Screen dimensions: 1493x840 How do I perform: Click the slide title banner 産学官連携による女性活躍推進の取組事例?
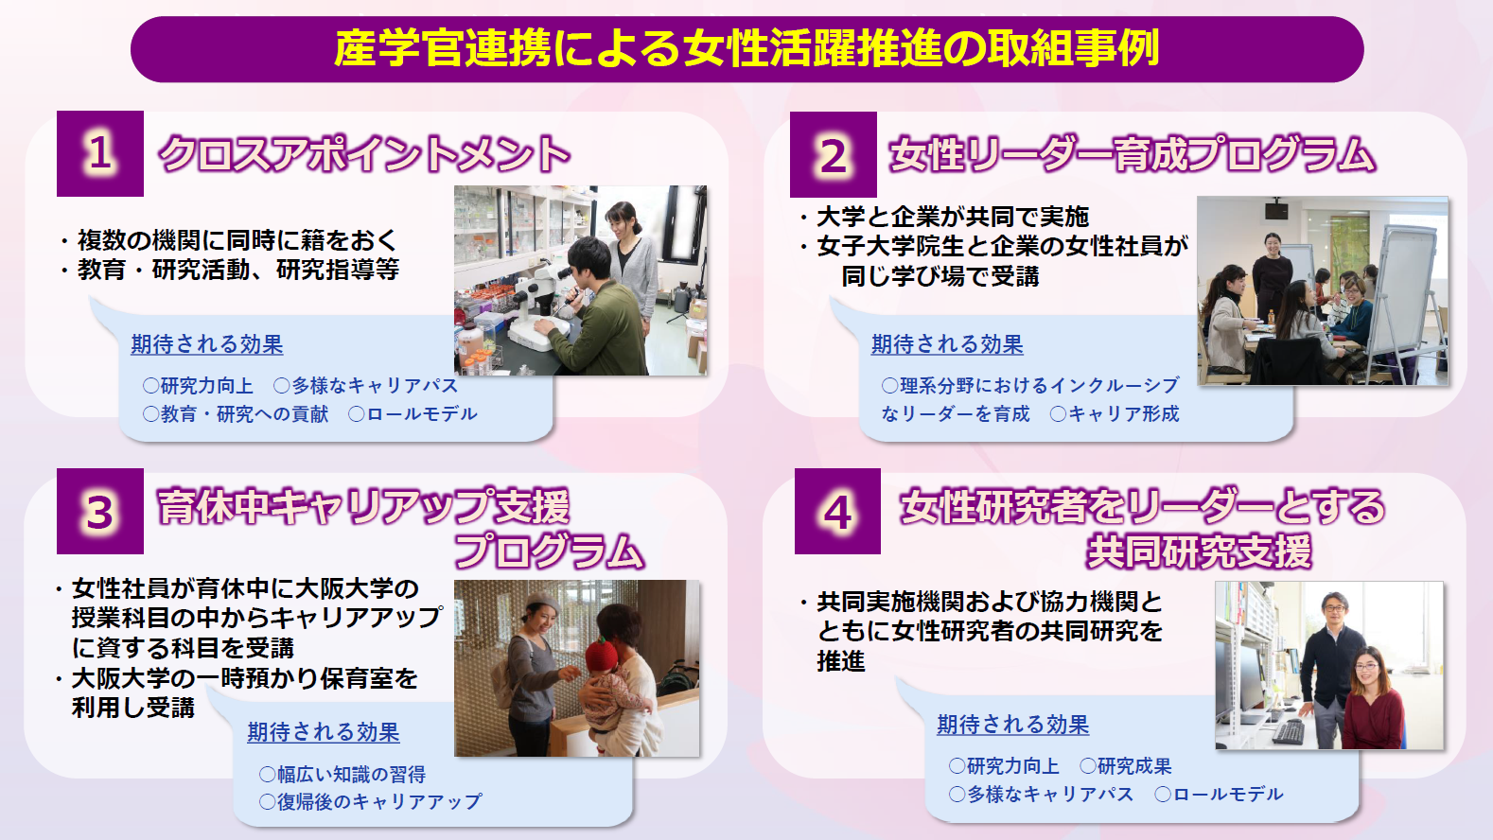coord(746,49)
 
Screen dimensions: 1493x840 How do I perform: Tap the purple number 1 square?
coord(100,154)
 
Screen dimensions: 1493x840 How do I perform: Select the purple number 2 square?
coord(834,154)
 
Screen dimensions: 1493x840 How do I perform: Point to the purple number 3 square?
coord(100,512)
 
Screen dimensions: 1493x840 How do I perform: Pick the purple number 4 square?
coord(837,512)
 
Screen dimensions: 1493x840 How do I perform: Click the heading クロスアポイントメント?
coord(364,154)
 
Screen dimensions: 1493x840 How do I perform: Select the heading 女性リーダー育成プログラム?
coord(1132,154)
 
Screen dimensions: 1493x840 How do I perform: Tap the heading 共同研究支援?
coord(1199,551)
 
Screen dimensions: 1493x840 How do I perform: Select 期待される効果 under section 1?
coord(206,344)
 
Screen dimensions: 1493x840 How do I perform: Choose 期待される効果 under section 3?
coord(324,732)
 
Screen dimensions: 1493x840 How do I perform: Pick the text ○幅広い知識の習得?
coord(342,774)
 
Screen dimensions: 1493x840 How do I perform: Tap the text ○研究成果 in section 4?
coord(1125,766)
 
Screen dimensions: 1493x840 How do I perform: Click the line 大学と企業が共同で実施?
coord(953,217)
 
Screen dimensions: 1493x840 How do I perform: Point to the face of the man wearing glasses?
coord(1335,611)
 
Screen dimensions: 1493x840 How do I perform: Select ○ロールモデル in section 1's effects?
coord(413,413)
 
